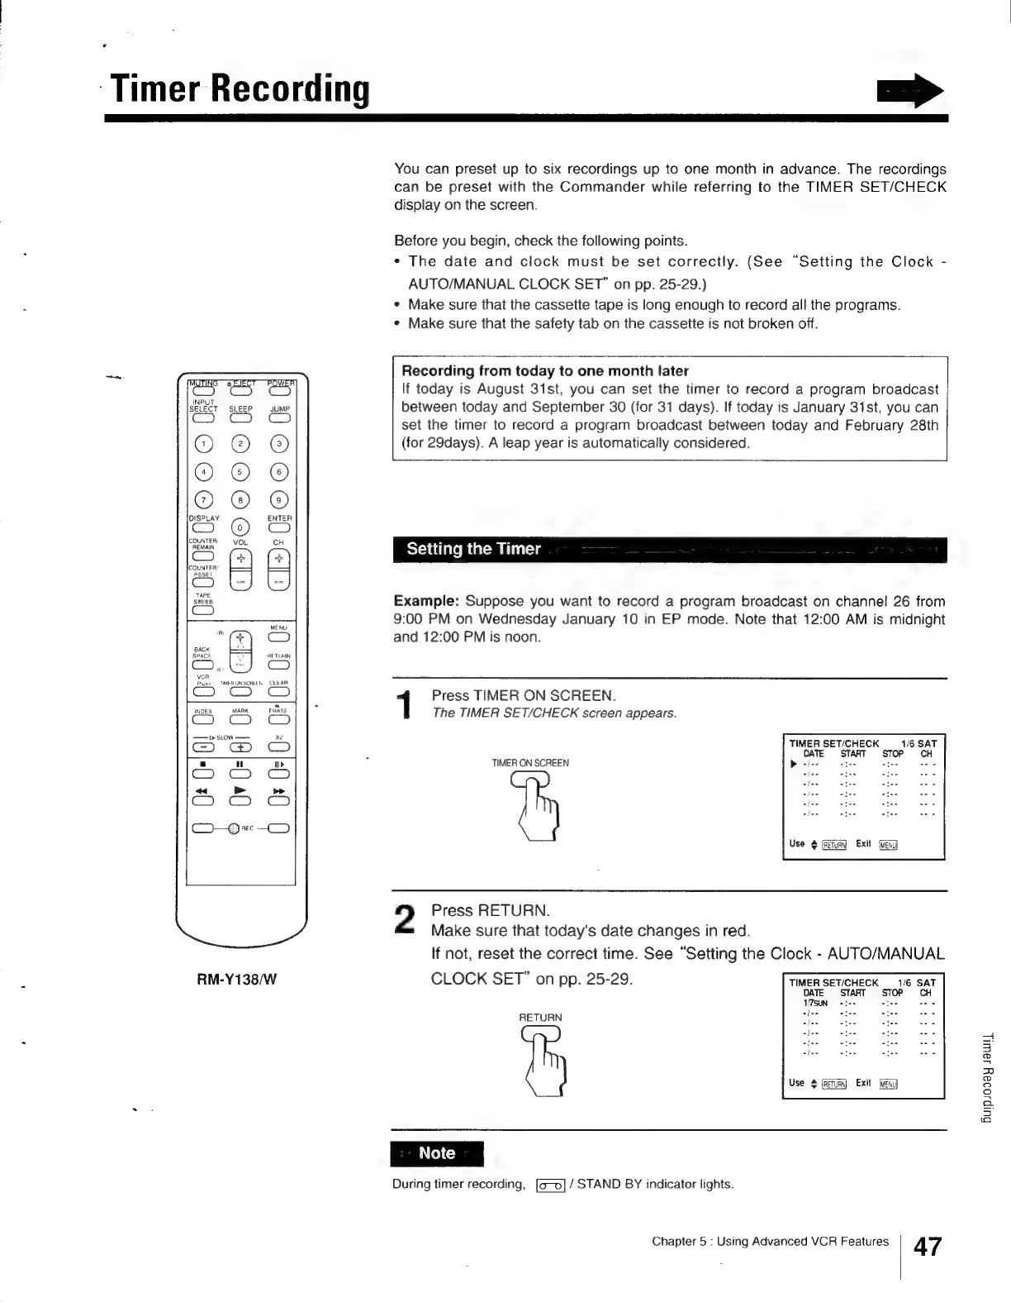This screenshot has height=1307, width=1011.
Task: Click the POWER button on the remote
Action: click(279, 393)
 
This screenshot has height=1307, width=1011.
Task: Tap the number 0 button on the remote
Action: click(240, 527)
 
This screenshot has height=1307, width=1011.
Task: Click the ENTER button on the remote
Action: click(279, 527)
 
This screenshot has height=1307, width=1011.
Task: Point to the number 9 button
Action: click(279, 499)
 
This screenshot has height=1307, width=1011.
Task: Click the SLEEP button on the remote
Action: click(240, 418)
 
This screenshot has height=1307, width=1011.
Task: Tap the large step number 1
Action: click(405, 704)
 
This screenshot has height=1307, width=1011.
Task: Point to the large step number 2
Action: click(405, 919)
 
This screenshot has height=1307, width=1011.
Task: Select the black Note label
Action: click(437, 1153)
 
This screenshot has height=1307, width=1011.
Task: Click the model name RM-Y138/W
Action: click(236, 980)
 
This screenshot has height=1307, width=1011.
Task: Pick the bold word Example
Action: click(425, 601)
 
